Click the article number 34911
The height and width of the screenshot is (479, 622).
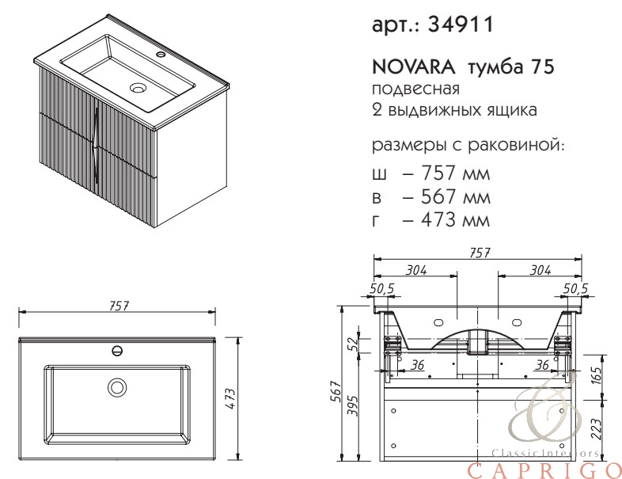coord(461,25)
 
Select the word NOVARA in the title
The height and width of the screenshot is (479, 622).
coord(414,67)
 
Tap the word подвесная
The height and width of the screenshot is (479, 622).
coord(415,89)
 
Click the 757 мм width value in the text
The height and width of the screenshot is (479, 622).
coord(455,173)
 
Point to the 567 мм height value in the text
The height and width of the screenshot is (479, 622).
coord(455,196)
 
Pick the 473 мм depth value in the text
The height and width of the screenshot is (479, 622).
coord(455,220)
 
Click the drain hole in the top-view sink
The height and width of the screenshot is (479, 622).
coord(117,387)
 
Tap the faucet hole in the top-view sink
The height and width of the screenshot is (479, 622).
coord(117,351)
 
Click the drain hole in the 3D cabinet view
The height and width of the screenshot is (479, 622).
coord(138,87)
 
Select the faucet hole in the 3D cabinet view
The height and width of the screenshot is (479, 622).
coord(161,54)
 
